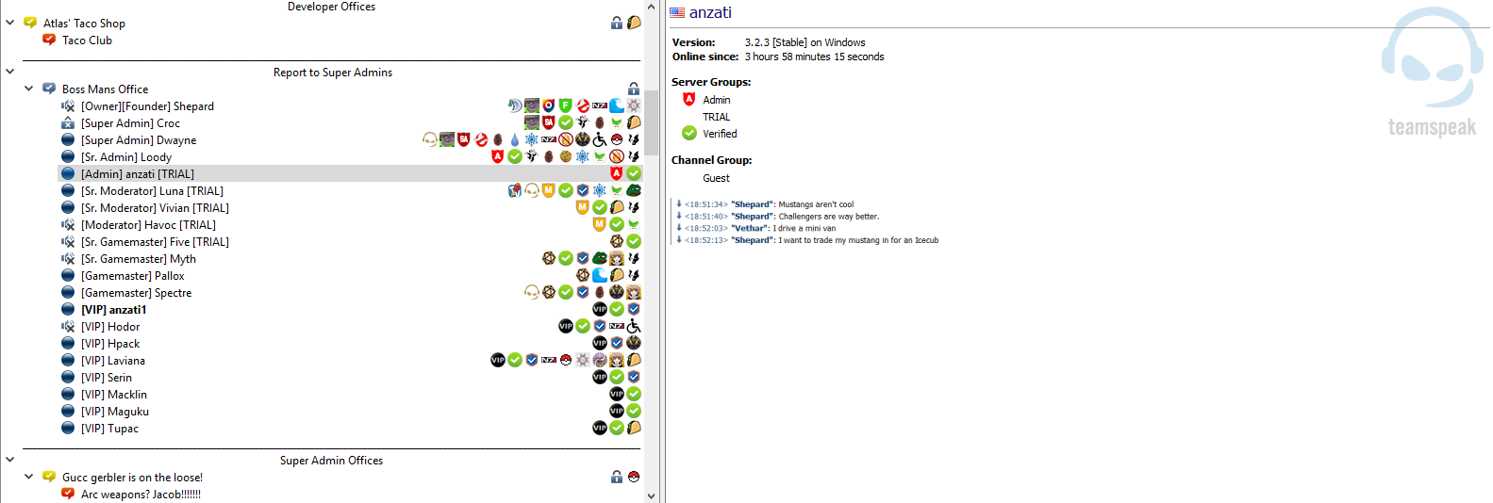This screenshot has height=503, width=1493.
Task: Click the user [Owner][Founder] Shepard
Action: coord(147,106)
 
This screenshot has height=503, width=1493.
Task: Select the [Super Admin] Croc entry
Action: coord(130,123)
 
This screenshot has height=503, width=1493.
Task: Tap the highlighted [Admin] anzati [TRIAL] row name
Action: coord(138,174)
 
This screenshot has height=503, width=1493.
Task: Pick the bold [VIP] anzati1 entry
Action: coord(113,310)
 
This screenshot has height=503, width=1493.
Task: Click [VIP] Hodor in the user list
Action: coord(110,327)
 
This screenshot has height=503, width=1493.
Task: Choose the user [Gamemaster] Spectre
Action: coord(136,293)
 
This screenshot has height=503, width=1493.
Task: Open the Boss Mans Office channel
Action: coord(105,89)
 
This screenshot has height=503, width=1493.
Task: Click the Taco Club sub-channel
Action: coord(87,41)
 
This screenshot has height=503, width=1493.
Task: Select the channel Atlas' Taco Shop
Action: coord(84,24)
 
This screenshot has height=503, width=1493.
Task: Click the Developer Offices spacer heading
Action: coord(331,7)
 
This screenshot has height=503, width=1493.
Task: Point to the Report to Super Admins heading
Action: coord(332,73)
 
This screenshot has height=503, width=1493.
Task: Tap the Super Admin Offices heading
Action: coord(331,461)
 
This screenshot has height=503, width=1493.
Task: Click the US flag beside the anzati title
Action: coord(677,13)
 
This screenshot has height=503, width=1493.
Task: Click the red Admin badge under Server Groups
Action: coord(689,100)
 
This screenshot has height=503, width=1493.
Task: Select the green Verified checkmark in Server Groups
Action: coord(689,134)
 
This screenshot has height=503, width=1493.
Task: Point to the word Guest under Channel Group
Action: coord(716,178)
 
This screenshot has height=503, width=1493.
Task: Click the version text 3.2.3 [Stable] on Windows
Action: coord(805,42)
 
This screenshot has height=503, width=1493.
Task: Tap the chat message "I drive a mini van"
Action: coord(805,228)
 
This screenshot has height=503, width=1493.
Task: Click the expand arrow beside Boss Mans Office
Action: coord(29,89)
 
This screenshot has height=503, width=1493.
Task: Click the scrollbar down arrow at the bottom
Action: coord(651,495)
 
